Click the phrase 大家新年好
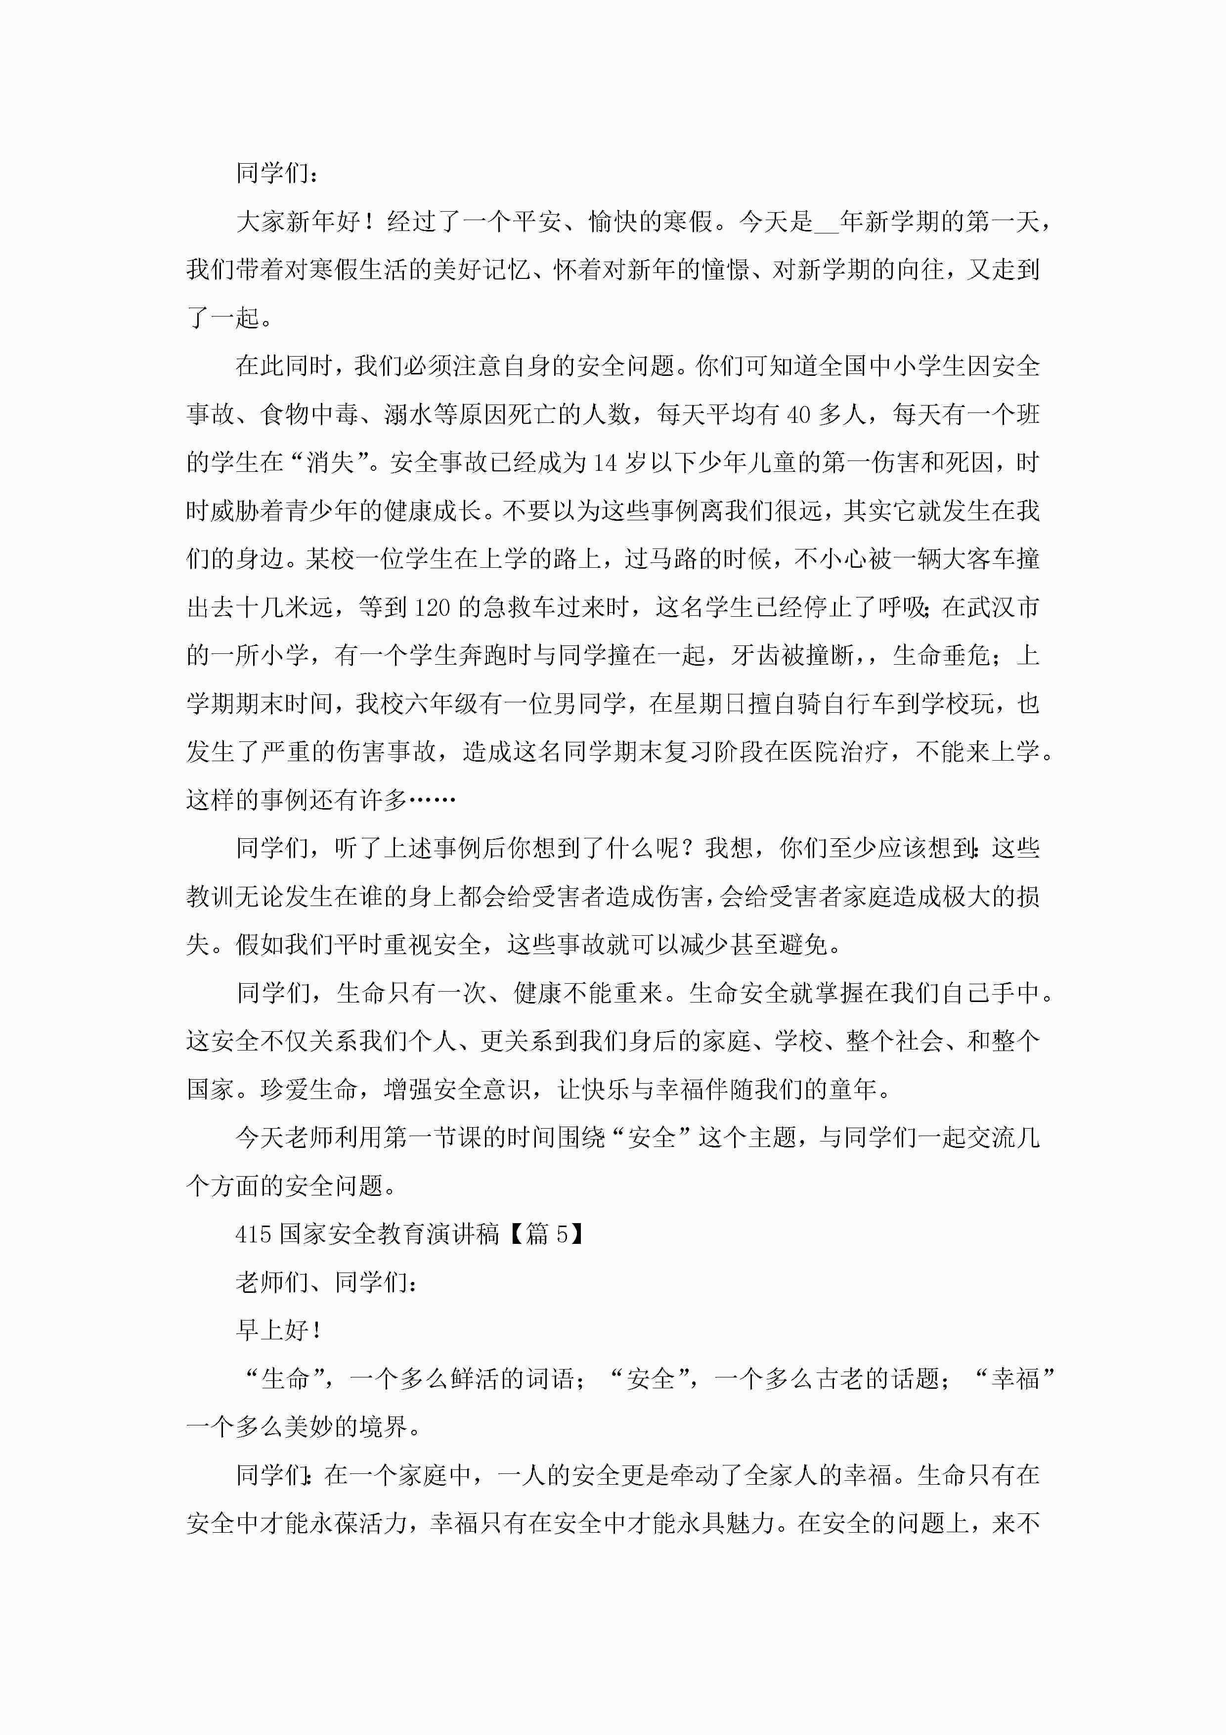point(298,222)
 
